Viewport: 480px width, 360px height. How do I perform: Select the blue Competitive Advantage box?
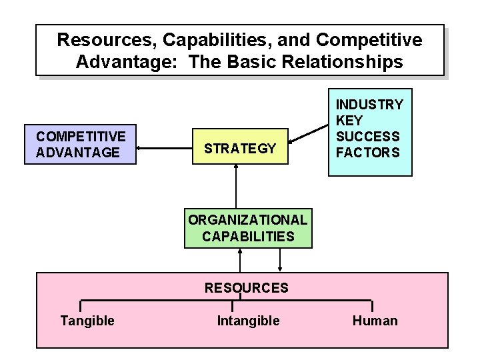point(81,144)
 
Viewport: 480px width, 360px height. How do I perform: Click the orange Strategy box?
point(240,148)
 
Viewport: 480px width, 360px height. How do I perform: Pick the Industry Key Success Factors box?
point(369,131)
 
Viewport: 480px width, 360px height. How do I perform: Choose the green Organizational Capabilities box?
point(247,227)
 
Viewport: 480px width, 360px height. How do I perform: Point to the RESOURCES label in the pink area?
point(246,288)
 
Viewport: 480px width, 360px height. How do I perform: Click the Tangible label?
point(87,321)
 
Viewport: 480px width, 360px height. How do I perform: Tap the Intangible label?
point(248,321)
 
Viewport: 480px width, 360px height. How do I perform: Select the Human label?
point(375,321)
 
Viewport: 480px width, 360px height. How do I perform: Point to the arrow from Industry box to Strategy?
point(309,133)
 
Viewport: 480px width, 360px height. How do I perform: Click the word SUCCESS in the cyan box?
point(367,137)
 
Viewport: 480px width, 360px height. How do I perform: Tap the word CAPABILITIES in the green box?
point(247,236)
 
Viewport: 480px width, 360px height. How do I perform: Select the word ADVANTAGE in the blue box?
point(78,153)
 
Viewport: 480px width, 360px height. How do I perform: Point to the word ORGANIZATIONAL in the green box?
point(247,219)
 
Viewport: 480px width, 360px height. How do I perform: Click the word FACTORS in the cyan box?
point(367,153)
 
